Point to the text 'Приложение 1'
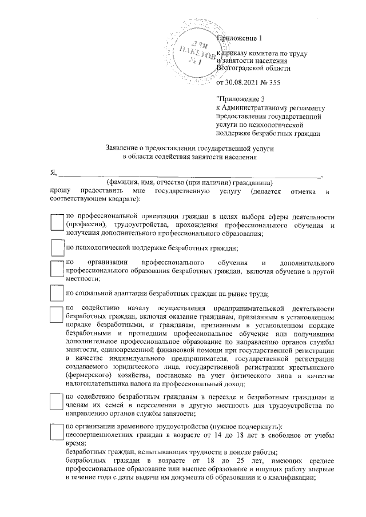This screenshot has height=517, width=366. tap(238, 38)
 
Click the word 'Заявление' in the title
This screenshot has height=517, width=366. tap(126, 147)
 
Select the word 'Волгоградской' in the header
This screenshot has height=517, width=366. tap(242, 69)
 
